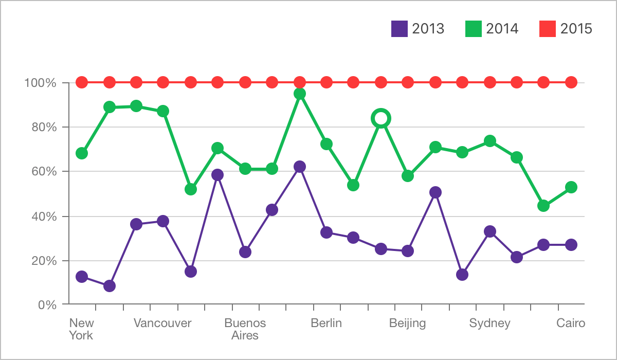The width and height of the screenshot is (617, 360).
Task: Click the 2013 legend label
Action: tap(428, 29)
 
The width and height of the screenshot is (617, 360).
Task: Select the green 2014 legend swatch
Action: tap(473, 29)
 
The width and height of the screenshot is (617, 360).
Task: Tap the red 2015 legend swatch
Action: tap(548, 29)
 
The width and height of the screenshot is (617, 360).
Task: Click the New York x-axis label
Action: tap(81, 329)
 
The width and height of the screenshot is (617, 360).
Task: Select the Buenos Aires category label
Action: tap(245, 329)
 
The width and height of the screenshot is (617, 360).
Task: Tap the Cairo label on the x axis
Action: tap(571, 323)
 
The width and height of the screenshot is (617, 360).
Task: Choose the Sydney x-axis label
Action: tap(489, 323)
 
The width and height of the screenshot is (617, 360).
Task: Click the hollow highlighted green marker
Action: tap(381, 118)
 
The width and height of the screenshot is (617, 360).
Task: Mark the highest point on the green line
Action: tap(300, 94)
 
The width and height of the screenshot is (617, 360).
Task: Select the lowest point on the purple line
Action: tap(110, 286)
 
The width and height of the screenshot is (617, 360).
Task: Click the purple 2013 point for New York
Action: tap(81, 277)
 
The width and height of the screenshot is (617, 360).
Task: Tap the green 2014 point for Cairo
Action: tap(571, 187)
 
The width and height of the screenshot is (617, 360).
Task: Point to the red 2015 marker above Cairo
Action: tap(571, 82)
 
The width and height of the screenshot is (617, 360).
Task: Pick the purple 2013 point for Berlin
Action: tap(326, 232)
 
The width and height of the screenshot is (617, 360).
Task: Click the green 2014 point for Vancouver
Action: tap(163, 111)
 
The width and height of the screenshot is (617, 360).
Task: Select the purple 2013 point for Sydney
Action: tap(490, 231)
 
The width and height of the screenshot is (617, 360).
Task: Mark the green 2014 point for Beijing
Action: tap(408, 176)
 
